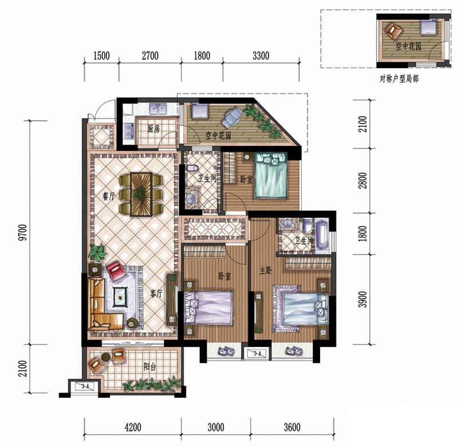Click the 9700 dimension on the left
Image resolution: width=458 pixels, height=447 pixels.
22,232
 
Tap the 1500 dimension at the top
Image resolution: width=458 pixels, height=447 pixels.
101,56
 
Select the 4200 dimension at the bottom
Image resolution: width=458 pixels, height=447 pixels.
133,428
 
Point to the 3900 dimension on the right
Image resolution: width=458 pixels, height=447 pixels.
362,299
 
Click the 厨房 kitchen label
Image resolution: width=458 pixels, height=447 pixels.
153,129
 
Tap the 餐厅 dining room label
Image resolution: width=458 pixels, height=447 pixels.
108,196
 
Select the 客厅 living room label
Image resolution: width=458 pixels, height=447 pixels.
156,294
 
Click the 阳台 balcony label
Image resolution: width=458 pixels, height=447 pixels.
149,367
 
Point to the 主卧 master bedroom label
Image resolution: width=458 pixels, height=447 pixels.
266,271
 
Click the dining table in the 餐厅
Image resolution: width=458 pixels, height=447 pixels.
141,194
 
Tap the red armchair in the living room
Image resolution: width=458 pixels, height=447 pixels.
116,271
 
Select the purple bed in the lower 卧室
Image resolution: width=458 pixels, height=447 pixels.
209,307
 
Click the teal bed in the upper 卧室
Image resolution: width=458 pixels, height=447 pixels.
270,176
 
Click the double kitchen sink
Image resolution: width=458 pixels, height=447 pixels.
158,109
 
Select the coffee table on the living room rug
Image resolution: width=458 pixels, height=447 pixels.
120,296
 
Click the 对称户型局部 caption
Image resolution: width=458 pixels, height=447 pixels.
398,79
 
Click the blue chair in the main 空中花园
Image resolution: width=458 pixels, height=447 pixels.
232,116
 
